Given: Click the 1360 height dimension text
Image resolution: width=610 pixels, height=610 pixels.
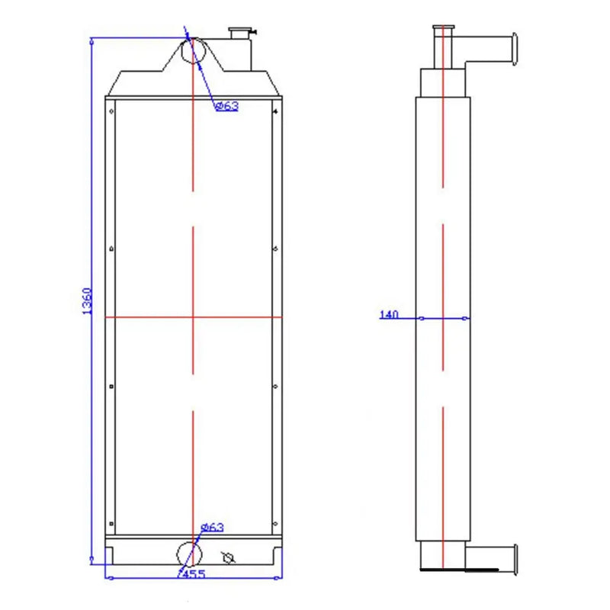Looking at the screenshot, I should tap(86, 301).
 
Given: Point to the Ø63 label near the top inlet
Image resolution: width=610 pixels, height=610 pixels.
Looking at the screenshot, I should tap(226, 106).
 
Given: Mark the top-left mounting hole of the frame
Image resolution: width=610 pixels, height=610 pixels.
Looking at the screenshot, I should tap(112, 111).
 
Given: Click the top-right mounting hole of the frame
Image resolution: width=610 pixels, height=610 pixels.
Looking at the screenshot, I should tap(274, 111).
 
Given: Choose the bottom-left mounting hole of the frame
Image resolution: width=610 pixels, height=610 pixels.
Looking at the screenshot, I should tap(112, 523).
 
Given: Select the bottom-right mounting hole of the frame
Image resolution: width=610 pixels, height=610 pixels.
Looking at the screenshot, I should tap(274, 523).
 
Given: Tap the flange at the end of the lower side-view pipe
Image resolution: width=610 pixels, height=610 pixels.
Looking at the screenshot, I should tap(515, 560).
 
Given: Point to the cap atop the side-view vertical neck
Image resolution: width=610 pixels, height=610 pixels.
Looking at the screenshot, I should tap(443, 28).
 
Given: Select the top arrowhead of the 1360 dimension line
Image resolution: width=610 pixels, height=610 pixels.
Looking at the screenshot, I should tap(92, 41).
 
